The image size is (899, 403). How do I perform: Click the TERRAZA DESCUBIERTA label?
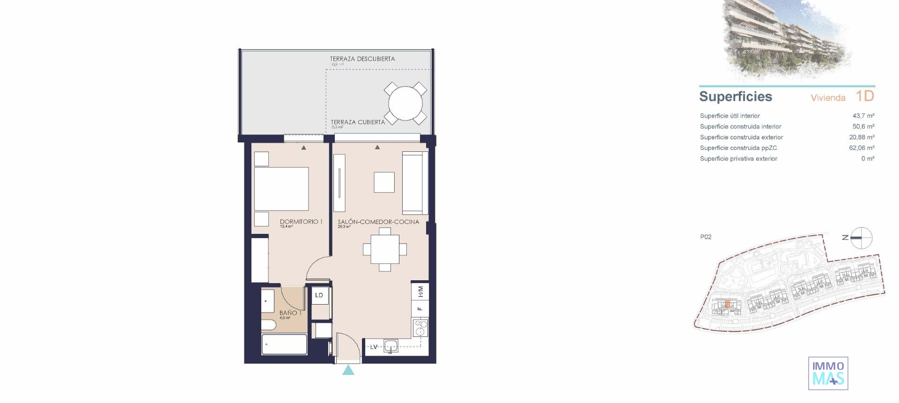(362, 59)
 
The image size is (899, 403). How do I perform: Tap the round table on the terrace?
(405, 104)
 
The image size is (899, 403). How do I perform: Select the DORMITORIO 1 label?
(301, 222)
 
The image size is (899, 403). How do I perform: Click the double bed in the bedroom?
(281, 189)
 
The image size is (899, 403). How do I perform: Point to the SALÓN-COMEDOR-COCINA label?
(378, 222)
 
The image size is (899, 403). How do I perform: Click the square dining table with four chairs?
(385, 249)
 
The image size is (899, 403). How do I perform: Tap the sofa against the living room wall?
(414, 183)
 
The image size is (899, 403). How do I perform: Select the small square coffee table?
(384, 182)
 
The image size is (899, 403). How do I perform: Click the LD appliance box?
(319, 295)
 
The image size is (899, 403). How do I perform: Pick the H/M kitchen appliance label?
(420, 291)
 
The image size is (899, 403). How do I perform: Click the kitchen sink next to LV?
(391, 346)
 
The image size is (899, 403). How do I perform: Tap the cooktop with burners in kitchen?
(420, 328)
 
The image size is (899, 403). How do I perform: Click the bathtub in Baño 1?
(284, 344)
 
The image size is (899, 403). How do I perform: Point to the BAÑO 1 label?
(290, 313)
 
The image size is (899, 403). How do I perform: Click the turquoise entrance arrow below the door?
(348, 370)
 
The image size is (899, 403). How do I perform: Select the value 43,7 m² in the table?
(863, 116)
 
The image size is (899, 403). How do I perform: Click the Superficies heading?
(735, 97)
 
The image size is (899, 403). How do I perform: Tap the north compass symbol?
(861, 238)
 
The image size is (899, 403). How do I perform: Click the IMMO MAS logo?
(828, 373)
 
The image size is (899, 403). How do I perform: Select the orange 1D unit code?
(864, 96)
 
